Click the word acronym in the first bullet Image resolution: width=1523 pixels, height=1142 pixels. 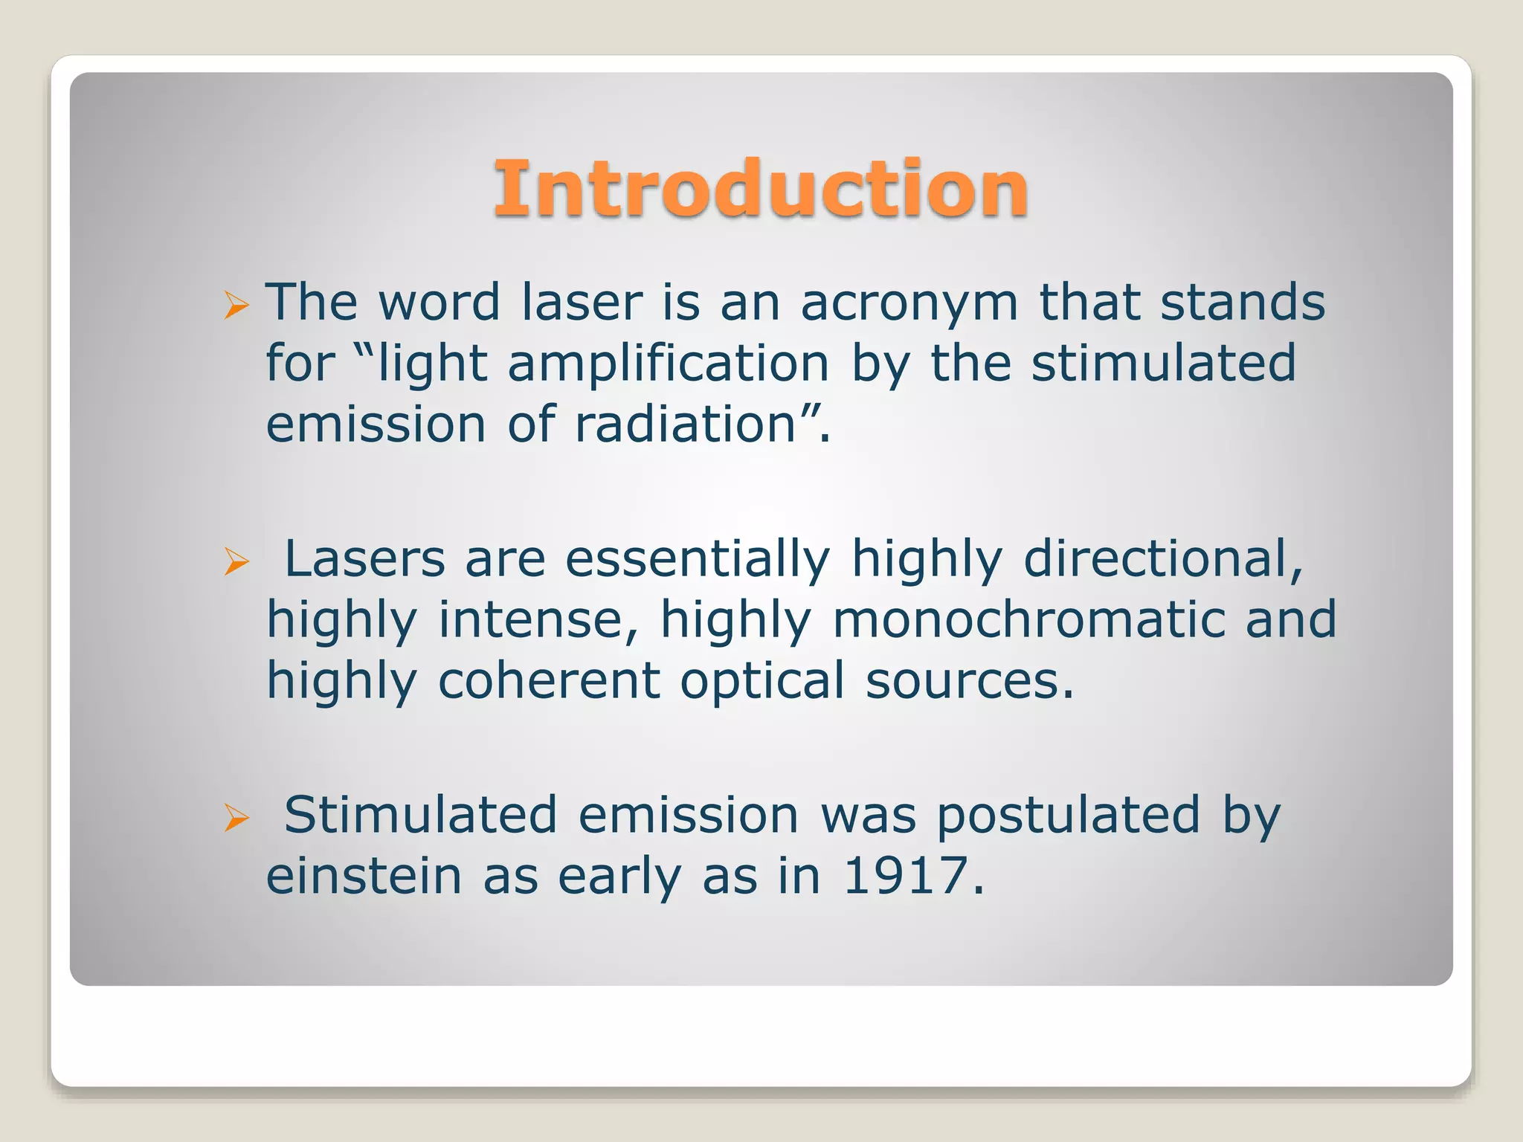[x=909, y=303]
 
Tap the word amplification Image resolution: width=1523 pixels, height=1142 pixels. [x=668, y=364]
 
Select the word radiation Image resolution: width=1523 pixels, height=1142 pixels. [x=686, y=425]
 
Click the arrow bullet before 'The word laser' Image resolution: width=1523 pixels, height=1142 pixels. [x=236, y=305]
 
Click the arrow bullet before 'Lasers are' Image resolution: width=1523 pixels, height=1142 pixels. [x=236, y=561]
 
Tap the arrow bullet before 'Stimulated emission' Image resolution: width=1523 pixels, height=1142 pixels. [x=236, y=818]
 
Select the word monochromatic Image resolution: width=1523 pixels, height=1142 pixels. [x=1028, y=620]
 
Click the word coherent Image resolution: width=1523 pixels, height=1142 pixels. [x=549, y=681]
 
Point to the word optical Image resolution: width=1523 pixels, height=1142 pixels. [x=762, y=681]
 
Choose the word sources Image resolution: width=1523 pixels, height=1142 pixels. [x=970, y=681]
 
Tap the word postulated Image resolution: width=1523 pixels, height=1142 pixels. [x=1068, y=816]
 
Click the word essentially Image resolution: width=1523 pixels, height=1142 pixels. [x=697, y=559]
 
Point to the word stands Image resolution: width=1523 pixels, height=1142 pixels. [x=1243, y=303]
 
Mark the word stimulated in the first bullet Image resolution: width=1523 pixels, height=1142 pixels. [x=1163, y=364]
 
